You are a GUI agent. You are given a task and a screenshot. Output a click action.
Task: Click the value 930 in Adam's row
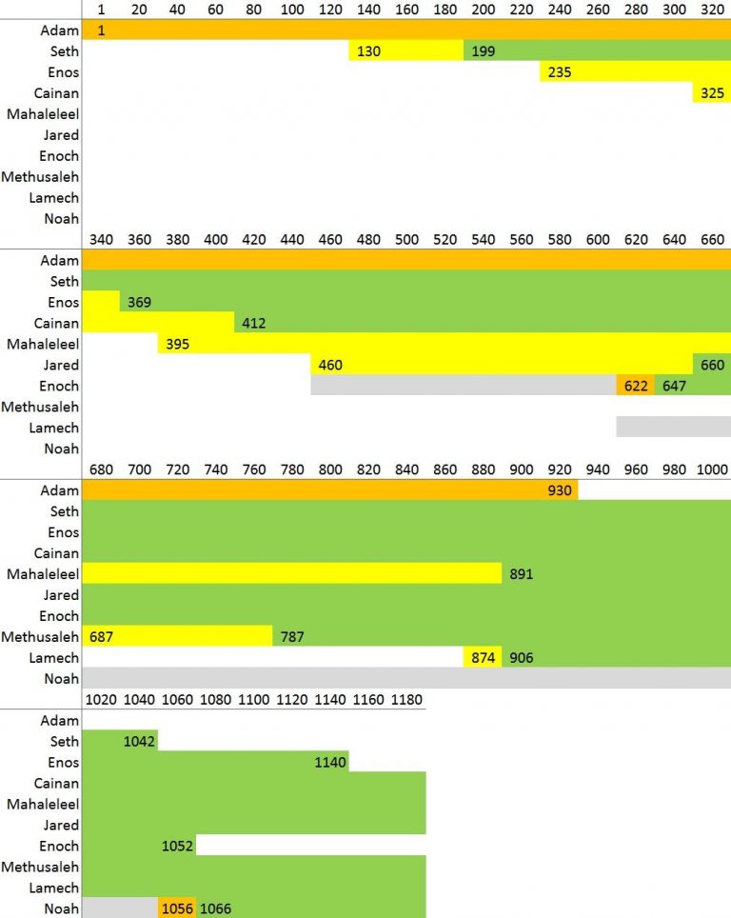pyautogui.click(x=560, y=490)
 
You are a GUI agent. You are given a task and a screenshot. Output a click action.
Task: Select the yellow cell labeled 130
pyautogui.click(x=368, y=51)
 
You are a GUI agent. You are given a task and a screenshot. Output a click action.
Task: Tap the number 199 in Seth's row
pyautogui.click(x=484, y=51)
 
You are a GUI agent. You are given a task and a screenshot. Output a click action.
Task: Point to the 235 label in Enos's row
pyautogui.click(x=560, y=72)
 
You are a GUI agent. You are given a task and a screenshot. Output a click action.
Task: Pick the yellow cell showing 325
pyautogui.click(x=712, y=93)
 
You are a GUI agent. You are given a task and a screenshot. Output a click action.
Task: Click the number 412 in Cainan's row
pyautogui.click(x=254, y=324)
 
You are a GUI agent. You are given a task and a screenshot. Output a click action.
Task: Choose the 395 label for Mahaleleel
pyautogui.click(x=177, y=345)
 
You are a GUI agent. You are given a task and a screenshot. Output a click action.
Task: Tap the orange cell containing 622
pyautogui.click(x=635, y=387)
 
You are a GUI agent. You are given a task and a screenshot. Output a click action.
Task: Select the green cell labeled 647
pyautogui.click(x=673, y=387)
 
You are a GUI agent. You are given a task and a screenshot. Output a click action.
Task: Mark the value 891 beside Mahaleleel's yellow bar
pyautogui.click(x=522, y=574)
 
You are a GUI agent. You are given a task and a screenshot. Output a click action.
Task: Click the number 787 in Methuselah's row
pyautogui.click(x=292, y=637)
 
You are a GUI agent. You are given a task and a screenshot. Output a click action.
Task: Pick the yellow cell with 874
pyautogui.click(x=483, y=658)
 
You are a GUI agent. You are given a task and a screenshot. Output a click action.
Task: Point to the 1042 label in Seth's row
pyautogui.click(x=139, y=742)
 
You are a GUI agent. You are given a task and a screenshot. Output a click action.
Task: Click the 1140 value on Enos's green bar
pyautogui.click(x=330, y=763)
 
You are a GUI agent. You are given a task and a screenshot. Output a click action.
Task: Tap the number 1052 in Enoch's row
pyautogui.click(x=178, y=847)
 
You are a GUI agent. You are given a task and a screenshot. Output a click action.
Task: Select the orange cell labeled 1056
pyautogui.click(x=178, y=909)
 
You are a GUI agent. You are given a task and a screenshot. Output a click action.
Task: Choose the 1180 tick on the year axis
pyautogui.click(x=406, y=700)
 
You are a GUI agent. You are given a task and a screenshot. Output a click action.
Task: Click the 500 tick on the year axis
pyautogui.click(x=406, y=239)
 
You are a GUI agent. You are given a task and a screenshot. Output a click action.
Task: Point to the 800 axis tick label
pyautogui.click(x=330, y=469)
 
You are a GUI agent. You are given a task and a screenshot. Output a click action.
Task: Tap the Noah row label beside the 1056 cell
pyautogui.click(x=61, y=909)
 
